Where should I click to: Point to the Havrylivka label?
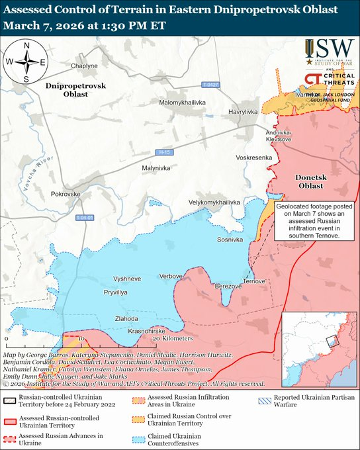point(243,112)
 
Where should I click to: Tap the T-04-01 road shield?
point(85,218)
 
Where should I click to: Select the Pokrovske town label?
point(66,195)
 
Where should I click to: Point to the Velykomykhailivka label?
point(213,202)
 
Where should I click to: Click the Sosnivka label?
point(230,239)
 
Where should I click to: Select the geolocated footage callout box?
point(312,220)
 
